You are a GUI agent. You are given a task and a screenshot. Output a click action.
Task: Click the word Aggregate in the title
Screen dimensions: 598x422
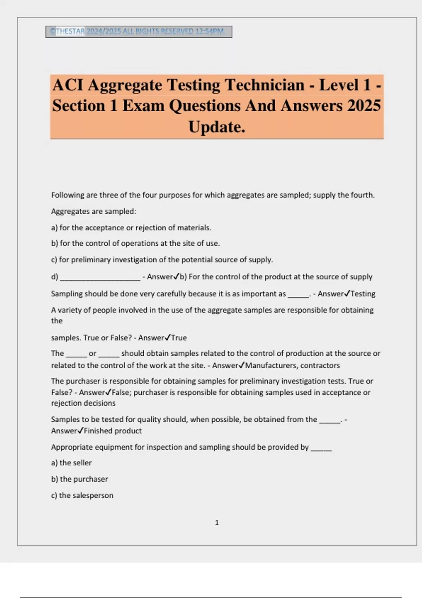pyautogui.click(x=124, y=85)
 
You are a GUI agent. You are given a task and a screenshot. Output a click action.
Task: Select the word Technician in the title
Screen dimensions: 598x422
pyautogui.click(x=264, y=85)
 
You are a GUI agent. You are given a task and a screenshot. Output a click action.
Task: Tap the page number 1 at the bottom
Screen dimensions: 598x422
pyautogui.click(x=217, y=523)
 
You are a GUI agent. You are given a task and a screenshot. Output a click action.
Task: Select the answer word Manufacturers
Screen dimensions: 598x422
pyautogui.click(x=271, y=365)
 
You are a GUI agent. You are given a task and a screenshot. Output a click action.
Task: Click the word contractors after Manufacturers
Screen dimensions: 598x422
pyautogui.click(x=320, y=365)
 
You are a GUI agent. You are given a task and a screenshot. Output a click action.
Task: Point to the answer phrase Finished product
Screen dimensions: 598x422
pyautogui.click(x=113, y=431)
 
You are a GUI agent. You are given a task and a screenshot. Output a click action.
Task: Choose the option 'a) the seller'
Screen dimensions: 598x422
pyautogui.click(x=71, y=463)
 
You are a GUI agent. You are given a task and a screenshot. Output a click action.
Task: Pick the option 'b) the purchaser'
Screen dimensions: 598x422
pyautogui.click(x=79, y=479)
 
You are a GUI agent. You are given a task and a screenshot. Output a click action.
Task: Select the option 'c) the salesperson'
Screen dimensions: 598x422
pyautogui.click(x=82, y=495)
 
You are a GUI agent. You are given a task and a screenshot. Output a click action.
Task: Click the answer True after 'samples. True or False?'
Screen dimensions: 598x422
pyautogui.click(x=179, y=338)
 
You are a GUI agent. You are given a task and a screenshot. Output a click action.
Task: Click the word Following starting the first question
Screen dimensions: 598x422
pyautogui.click(x=68, y=195)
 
